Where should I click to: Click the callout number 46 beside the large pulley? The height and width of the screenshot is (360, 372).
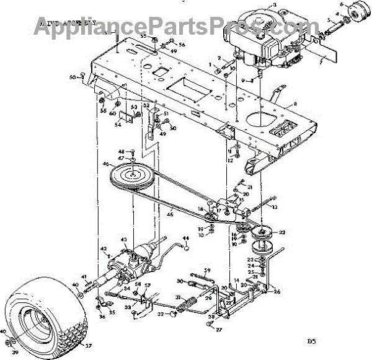(x=106, y=164)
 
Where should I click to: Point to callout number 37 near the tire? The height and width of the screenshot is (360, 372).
(x=88, y=346)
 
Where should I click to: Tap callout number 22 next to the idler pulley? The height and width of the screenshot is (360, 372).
(x=282, y=232)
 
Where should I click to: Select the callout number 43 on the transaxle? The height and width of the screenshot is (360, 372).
(x=123, y=239)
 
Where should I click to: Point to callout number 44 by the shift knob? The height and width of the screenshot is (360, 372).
(x=185, y=238)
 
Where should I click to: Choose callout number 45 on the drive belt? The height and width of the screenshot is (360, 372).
(x=167, y=215)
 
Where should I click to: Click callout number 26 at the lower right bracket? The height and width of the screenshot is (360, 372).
(x=277, y=292)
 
